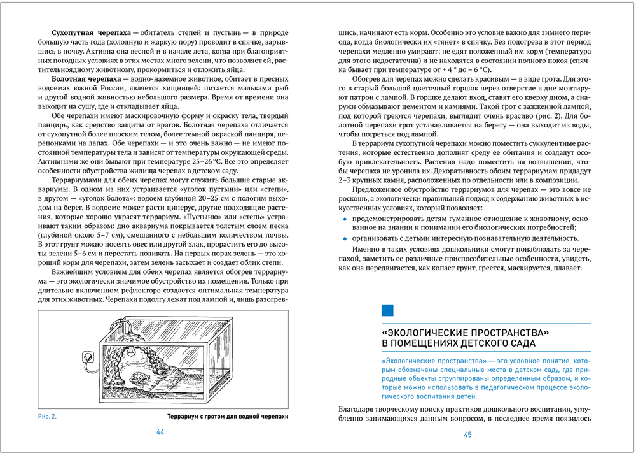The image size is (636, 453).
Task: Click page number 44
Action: click(160, 433)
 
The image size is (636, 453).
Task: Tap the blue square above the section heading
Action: click(387, 311)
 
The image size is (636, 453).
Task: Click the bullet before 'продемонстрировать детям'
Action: click(345, 219)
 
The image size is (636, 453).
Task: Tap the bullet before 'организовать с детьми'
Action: click(345, 239)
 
